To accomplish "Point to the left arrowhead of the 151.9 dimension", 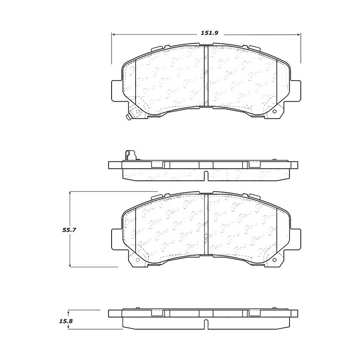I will click(x=113, y=35).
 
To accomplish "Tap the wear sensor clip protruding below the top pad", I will click(x=128, y=117).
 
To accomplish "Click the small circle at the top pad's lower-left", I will click(x=137, y=112).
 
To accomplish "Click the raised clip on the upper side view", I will click(x=129, y=155).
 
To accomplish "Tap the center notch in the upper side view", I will click(x=205, y=175).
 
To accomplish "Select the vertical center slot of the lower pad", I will click(x=206, y=224).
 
